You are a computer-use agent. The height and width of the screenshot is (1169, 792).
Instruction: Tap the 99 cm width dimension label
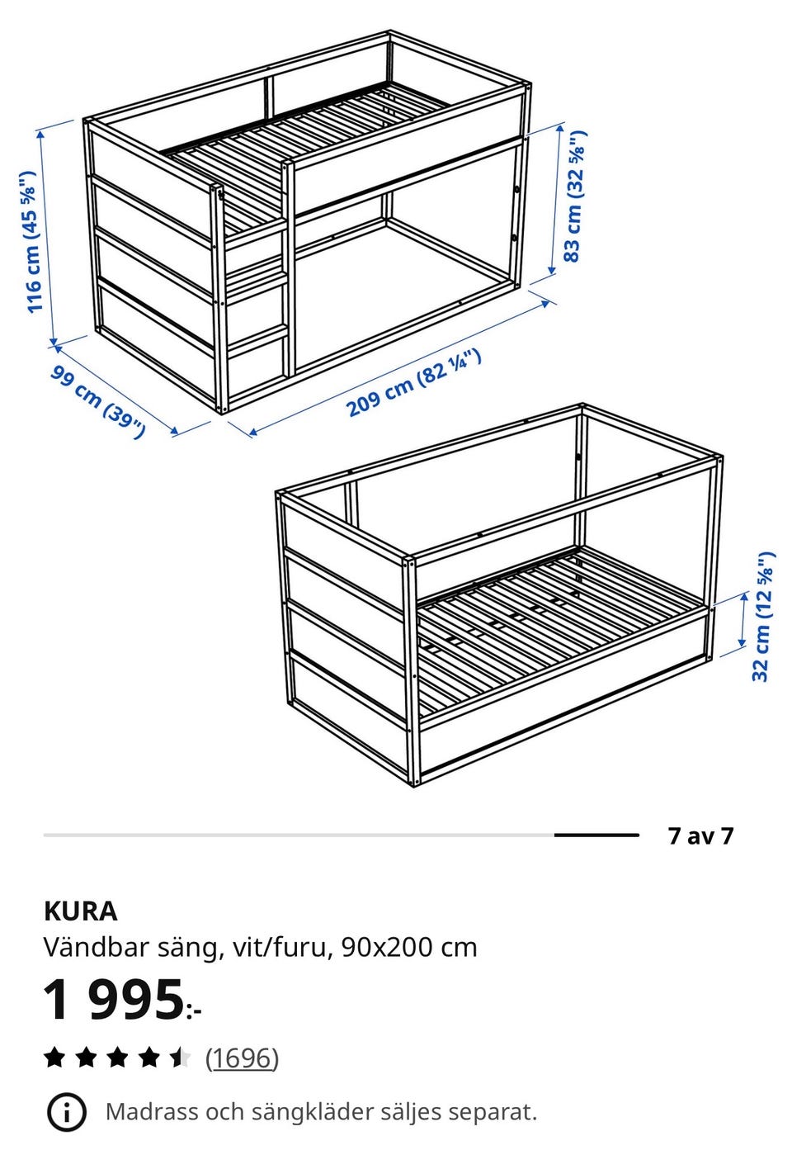click(97, 401)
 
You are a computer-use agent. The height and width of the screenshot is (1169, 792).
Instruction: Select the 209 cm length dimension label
click(413, 384)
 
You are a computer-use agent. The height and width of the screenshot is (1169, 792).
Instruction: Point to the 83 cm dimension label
click(575, 196)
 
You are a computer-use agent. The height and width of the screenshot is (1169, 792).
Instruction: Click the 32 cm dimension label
click(763, 616)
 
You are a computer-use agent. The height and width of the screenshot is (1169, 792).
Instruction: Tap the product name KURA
click(81, 911)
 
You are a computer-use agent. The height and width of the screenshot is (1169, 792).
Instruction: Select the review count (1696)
click(242, 1058)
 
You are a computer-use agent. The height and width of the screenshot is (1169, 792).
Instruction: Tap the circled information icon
click(67, 1112)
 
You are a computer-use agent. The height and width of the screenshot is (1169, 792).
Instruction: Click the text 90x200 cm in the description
click(409, 947)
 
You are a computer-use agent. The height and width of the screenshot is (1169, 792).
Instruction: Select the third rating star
click(117, 1058)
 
